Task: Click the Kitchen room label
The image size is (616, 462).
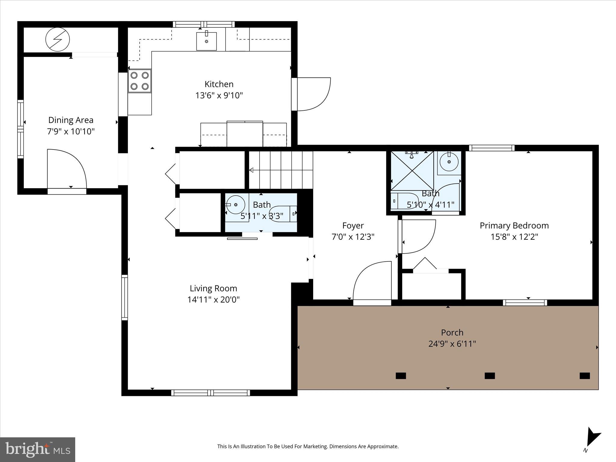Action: (x=219, y=84)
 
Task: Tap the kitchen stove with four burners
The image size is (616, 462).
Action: (x=140, y=81)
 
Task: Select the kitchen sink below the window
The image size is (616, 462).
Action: (x=206, y=41)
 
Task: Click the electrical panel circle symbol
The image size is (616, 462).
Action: (x=57, y=39)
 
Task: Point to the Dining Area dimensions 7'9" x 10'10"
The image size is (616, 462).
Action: (x=71, y=131)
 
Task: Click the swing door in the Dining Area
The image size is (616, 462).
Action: (x=67, y=168)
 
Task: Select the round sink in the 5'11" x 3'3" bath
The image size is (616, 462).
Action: (x=236, y=205)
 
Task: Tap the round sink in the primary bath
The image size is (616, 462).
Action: (x=449, y=162)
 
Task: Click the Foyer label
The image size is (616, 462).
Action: (x=353, y=226)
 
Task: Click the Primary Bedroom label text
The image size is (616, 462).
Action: (x=514, y=226)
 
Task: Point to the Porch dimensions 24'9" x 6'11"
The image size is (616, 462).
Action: (x=452, y=344)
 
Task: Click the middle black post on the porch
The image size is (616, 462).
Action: (x=490, y=376)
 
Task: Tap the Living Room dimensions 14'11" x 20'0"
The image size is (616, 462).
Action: (x=213, y=300)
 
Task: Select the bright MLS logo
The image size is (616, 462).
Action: (x=38, y=449)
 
